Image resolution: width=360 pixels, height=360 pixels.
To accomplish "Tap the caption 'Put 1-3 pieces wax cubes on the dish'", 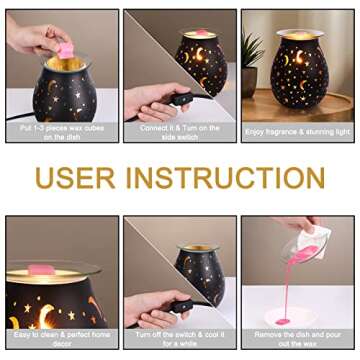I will (x=62, y=133).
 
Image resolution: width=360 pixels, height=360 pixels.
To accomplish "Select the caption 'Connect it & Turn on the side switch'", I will (x=180, y=133).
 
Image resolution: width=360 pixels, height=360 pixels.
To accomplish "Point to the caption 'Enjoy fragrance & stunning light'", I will (x=297, y=133).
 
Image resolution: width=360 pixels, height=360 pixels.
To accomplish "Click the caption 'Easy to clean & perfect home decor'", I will (x=62, y=339).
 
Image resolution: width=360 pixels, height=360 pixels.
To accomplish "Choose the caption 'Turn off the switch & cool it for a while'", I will (x=180, y=339).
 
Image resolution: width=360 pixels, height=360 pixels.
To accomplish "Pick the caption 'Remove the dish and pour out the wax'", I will (x=297, y=339).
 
